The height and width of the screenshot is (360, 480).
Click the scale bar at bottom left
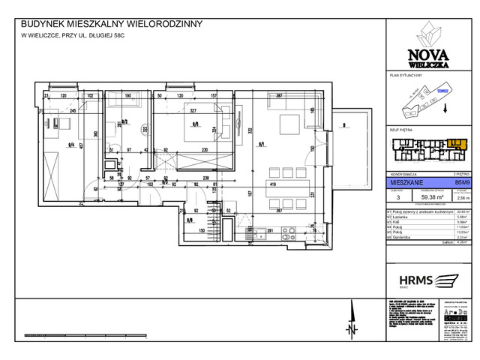click(x=60, y=335)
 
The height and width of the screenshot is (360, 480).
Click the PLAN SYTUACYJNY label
click(x=406, y=76)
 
